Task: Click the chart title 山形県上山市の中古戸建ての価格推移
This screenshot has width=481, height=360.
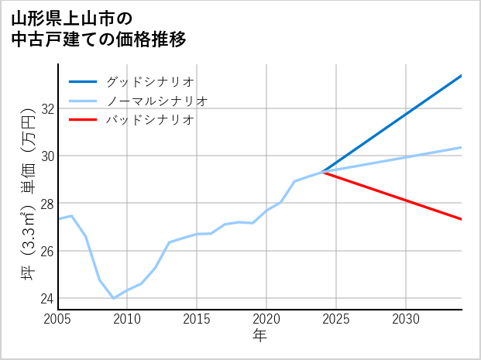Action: tap(99, 27)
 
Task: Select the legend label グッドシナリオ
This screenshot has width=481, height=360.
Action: tap(149, 81)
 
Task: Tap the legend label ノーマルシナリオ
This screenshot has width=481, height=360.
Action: tap(156, 101)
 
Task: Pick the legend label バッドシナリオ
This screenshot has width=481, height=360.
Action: tap(149, 120)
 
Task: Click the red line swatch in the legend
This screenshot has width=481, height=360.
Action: tap(83, 120)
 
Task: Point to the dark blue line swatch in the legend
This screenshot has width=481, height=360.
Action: tap(83, 81)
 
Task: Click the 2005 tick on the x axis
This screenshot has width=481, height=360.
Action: tap(58, 319)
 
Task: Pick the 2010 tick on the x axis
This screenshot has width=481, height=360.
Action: tap(127, 319)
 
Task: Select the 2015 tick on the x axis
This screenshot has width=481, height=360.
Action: tap(197, 319)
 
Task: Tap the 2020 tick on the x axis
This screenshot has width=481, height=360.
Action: tap(266, 319)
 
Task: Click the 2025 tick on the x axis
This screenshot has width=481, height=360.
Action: tap(336, 319)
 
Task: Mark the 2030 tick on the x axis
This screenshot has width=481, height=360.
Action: tap(406, 319)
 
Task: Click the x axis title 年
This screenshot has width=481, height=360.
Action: tap(259, 336)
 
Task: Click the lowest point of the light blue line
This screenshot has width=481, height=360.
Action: tap(113, 298)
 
